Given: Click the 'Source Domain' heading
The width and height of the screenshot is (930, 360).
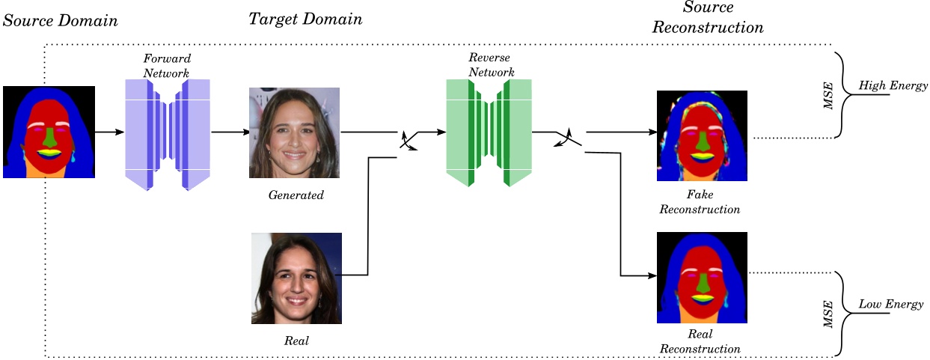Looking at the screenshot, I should pyautogui.click(x=61, y=20).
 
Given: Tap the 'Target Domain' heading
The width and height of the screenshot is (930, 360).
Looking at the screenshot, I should pyautogui.click(x=305, y=19).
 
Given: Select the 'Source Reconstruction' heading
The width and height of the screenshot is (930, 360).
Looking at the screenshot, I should pyautogui.click(x=708, y=18).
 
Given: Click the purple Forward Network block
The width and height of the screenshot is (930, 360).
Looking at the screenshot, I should pyautogui.click(x=168, y=134).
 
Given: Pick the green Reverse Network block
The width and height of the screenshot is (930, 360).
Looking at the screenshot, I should pyautogui.click(x=489, y=132).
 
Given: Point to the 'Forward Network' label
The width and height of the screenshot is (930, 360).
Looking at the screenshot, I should pyautogui.click(x=168, y=66).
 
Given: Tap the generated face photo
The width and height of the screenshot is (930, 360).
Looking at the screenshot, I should pyautogui.click(x=294, y=132).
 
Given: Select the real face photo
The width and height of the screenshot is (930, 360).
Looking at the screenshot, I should pyautogui.click(x=296, y=278).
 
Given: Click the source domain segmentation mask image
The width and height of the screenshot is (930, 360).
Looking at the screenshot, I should pyautogui.click(x=49, y=132).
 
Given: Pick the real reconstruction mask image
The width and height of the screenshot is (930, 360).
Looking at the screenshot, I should pyautogui.click(x=702, y=278).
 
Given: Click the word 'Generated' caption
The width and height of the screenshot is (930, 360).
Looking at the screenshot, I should pyautogui.click(x=296, y=195).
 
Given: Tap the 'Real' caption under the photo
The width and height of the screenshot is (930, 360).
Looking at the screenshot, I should pyautogui.click(x=296, y=341).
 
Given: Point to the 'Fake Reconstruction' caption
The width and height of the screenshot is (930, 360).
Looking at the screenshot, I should pyautogui.click(x=700, y=202).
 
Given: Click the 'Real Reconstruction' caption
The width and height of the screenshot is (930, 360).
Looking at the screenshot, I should pyautogui.click(x=700, y=341).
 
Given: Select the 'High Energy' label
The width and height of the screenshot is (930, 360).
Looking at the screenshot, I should pyautogui.click(x=893, y=86).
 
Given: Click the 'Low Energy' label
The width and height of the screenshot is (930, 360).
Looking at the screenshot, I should pyautogui.click(x=890, y=305).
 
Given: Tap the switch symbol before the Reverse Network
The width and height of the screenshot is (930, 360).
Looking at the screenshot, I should pyautogui.click(x=409, y=140).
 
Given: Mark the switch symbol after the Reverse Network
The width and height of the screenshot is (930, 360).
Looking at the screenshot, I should pyautogui.click(x=568, y=138).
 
